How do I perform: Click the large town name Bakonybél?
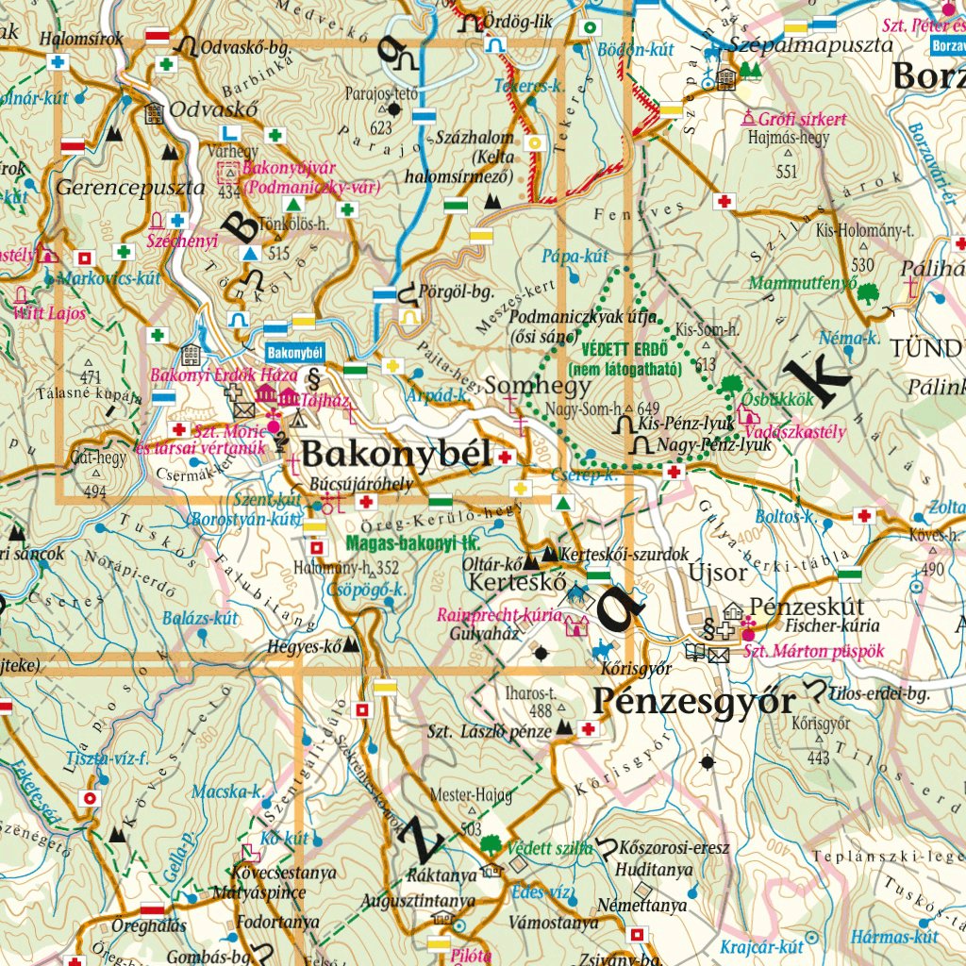tap(396, 456)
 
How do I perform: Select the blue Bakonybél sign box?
tap(295, 352)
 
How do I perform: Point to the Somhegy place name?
tap(538, 385)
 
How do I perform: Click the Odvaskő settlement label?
tap(200, 108)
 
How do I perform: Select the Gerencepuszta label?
tap(129, 187)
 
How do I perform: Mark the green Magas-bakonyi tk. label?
tap(413, 543)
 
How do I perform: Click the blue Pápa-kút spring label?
tap(575, 256)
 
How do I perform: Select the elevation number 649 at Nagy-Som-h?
tap(646, 408)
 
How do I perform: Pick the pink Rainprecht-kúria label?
tap(499, 615)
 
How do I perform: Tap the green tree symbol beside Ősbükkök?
tap(729, 385)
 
